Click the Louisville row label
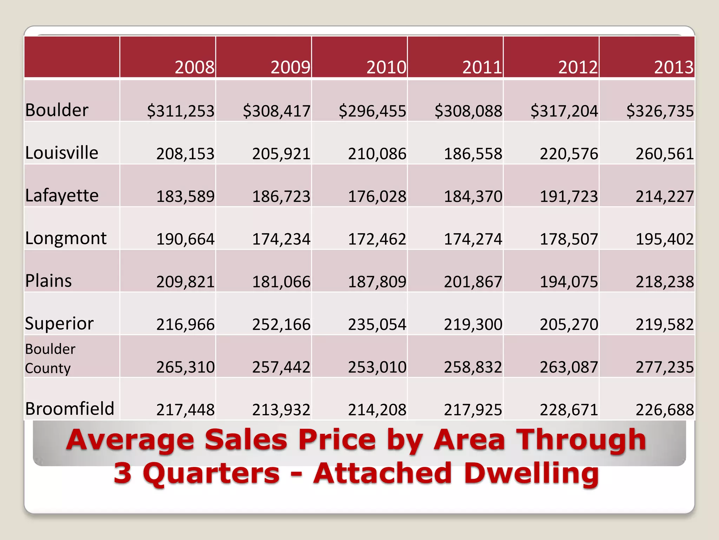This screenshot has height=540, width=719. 62,153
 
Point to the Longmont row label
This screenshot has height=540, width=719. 66,238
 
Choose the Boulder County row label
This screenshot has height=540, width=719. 50,359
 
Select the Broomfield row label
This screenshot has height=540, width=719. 70,409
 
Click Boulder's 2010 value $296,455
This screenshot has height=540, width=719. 372,111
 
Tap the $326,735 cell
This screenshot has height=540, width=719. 660,111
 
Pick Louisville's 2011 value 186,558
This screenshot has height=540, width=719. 473,154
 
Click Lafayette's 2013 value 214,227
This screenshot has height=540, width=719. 665,196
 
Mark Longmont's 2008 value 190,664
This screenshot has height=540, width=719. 185,239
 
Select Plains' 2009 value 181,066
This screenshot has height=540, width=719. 281,282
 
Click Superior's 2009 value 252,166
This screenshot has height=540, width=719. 281,324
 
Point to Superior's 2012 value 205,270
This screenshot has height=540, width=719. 569,324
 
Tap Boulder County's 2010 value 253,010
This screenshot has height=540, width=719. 377,367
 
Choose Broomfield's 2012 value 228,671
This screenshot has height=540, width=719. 569,410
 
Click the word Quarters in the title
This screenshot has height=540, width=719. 211,474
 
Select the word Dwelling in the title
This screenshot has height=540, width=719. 531,474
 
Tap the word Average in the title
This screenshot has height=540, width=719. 130,440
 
